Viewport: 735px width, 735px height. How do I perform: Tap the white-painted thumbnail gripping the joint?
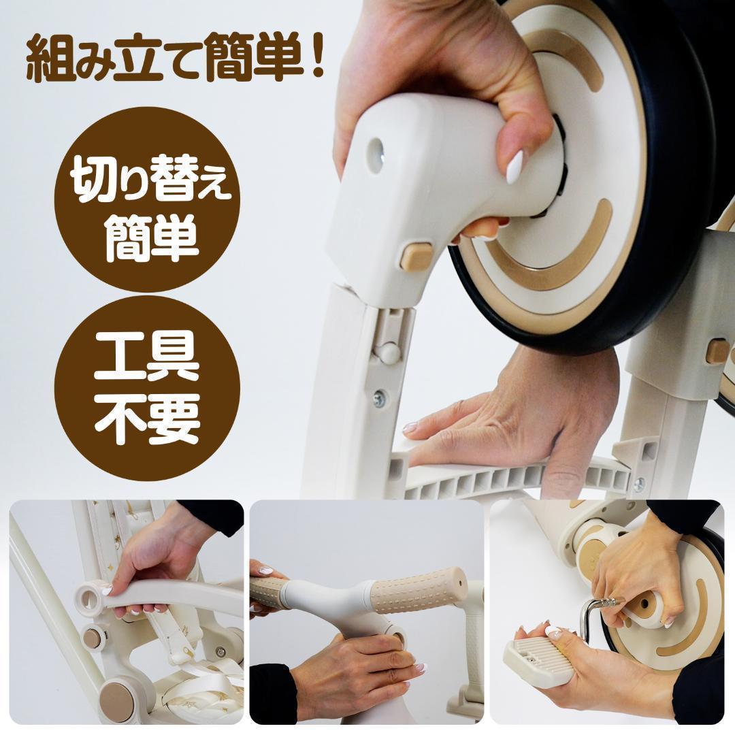(514, 167)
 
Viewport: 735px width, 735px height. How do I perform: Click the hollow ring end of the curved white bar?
(88, 597)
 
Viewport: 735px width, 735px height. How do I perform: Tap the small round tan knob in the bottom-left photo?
(91, 638)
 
